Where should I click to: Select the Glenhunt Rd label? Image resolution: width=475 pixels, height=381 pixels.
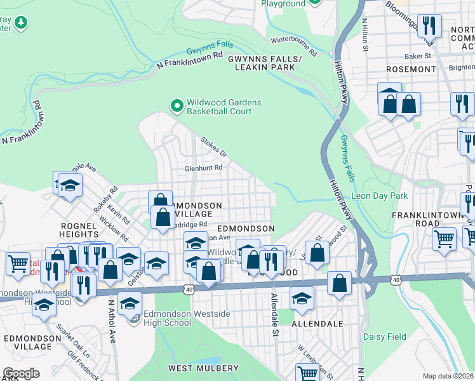pos(203,168)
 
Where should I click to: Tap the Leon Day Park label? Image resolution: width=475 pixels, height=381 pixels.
pos(380,196)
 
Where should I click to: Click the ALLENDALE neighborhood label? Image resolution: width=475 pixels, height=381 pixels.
pos(317,324)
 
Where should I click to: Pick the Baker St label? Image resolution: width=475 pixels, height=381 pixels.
pos(418,56)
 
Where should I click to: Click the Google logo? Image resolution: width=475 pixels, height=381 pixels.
pos(22,373)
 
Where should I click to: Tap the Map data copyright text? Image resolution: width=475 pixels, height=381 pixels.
pos(448,376)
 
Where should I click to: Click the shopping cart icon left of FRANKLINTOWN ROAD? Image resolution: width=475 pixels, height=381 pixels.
pos(444,239)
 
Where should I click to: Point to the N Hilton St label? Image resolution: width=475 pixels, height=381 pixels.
pos(365,30)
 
